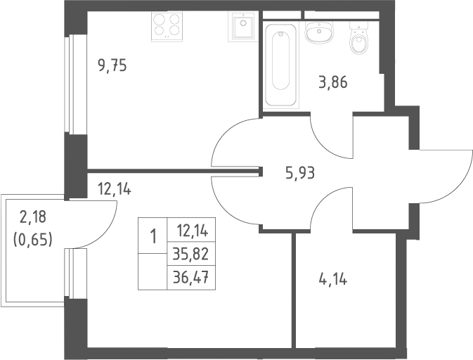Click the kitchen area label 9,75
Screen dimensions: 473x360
pos(112,66)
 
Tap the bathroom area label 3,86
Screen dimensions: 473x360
pos(333,82)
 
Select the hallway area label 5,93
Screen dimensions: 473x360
pos(300,174)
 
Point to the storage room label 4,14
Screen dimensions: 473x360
pos(332,280)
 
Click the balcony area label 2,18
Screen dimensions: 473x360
pos(33,217)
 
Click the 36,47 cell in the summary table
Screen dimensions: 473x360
pos(191,278)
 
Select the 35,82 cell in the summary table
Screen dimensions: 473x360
pos(191,254)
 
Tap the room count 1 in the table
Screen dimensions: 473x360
pos(153,236)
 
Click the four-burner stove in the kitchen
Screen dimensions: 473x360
pos(167,27)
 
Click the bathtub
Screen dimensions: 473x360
pos(281,65)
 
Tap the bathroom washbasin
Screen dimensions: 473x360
pos(319,32)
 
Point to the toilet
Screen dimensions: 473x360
pos(358,38)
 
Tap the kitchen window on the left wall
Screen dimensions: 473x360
pos(70,84)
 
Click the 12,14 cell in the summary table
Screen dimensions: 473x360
pos(191,230)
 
